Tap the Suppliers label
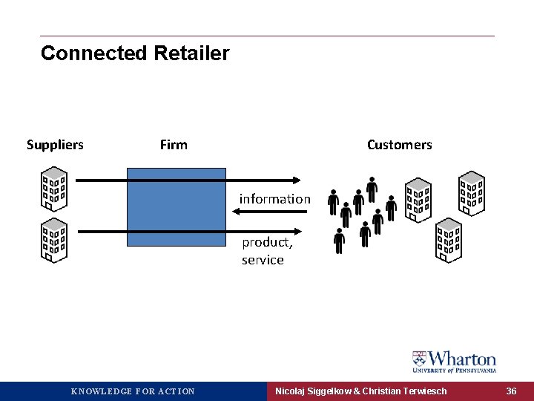[55, 145]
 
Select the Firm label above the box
[174, 145]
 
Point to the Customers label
[399, 145]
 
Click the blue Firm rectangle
[177, 206]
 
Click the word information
[274, 199]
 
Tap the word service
[263, 260]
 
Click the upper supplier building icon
[54, 189]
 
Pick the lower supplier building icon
[54, 240]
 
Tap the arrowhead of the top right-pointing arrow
[296, 180]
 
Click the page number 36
[511, 391]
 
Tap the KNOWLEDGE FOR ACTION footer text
[133, 391]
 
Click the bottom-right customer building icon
[448, 240]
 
